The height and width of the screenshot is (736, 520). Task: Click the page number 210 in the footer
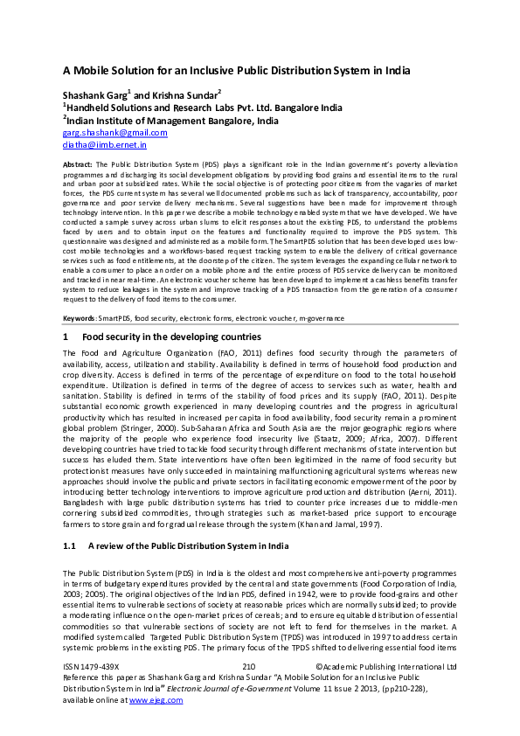pos(249,666)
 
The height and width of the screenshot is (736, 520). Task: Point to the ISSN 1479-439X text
pos(91,666)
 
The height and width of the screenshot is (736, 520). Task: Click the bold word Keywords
pos(80,318)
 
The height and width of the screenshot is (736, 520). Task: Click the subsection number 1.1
pos(70,521)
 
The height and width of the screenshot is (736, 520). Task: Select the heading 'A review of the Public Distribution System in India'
pos(189,521)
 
